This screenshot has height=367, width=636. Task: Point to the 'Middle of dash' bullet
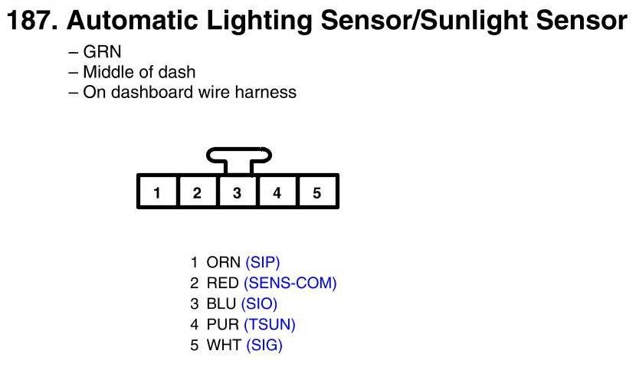(x=139, y=73)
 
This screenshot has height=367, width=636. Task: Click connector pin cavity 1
(x=157, y=192)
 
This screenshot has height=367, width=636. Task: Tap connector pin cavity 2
(x=197, y=192)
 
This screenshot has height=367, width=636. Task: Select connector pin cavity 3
(x=238, y=192)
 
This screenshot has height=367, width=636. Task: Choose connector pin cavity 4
(x=277, y=192)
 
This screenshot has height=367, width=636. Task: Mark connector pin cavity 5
(x=317, y=192)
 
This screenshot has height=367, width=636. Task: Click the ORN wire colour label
(x=224, y=263)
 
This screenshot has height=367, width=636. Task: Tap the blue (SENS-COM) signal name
(x=290, y=283)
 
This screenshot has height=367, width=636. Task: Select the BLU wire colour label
(x=221, y=304)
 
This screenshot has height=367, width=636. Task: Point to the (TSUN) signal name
(x=270, y=325)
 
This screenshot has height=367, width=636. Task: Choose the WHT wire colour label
(x=224, y=346)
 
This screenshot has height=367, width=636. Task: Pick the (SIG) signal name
(x=264, y=346)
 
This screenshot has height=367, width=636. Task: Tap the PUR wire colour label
(x=223, y=325)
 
